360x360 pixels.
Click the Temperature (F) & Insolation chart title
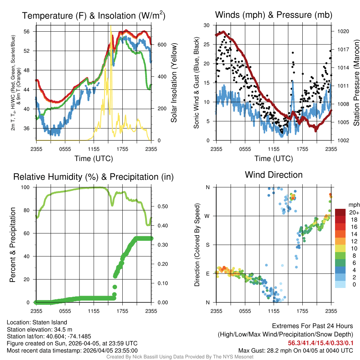click(94, 16)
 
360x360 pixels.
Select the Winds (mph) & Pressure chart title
click(274, 15)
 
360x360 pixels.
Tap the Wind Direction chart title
click(274, 175)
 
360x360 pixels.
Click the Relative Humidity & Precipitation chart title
click(94, 177)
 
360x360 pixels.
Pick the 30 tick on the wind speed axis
click(207, 25)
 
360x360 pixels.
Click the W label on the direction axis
click(208, 216)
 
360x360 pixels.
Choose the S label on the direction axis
click(208, 245)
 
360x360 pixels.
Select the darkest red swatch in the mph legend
click(340, 212)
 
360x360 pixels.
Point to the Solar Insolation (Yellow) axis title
click(174, 83)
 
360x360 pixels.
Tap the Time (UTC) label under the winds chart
click(274, 159)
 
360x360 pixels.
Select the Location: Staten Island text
click(37, 322)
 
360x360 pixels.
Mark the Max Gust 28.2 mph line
click(295, 351)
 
